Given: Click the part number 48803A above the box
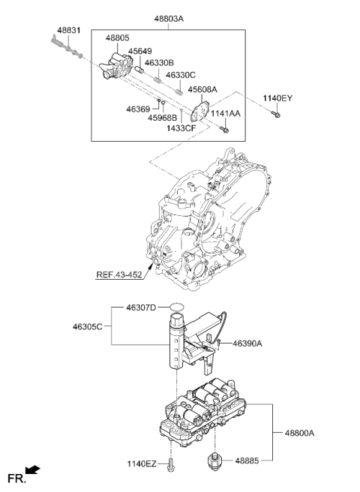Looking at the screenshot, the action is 169,19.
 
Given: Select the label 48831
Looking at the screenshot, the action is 69,31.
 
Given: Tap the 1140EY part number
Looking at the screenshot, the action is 277,98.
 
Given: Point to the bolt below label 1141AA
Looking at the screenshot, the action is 224,129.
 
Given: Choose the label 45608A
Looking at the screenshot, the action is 202,90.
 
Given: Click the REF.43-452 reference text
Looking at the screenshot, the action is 119,274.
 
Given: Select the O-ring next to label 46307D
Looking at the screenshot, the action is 177,307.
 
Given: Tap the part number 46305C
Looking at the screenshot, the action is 88,327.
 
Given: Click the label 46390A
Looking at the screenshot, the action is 247,343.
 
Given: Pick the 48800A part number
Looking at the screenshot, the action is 299,433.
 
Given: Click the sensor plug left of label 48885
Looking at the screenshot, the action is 214,461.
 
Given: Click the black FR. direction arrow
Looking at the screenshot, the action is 33,469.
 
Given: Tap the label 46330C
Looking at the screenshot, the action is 181,75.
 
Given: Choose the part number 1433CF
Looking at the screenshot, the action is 181,128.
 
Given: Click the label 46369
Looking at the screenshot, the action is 138,109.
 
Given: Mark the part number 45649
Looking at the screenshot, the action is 139,51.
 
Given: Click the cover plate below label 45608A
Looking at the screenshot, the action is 200,111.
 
